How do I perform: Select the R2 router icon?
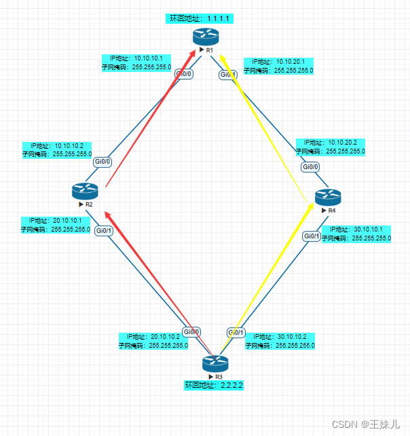(x=86, y=191)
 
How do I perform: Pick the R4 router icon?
(x=328, y=197)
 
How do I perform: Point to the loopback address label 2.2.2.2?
(x=214, y=385)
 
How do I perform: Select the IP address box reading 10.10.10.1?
(x=136, y=62)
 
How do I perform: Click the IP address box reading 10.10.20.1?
(x=278, y=65)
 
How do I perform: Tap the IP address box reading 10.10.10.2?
(x=58, y=149)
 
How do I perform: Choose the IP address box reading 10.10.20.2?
(x=331, y=147)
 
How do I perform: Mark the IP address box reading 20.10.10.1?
(x=56, y=225)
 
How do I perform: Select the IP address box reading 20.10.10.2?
(x=153, y=340)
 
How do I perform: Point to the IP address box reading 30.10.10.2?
(x=280, y=340)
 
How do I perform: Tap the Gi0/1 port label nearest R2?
(x=104, y=231)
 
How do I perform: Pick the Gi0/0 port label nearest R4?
(x=310, y=166)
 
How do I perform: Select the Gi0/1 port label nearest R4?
(x=312, y=236)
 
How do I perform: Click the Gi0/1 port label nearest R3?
(x=236, y=332)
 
